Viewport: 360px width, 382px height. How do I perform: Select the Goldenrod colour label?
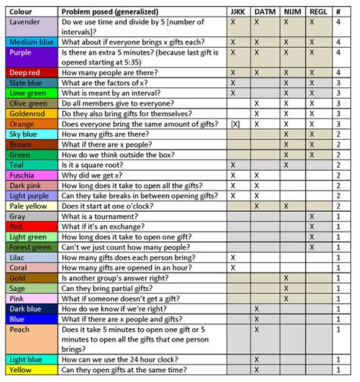29,112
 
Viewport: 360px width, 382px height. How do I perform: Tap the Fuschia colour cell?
29,175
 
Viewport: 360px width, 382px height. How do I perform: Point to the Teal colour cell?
29,164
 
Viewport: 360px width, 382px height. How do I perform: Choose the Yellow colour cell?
29,370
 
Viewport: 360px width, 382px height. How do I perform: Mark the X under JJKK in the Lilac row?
232,257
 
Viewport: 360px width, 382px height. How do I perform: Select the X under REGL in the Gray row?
311,216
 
